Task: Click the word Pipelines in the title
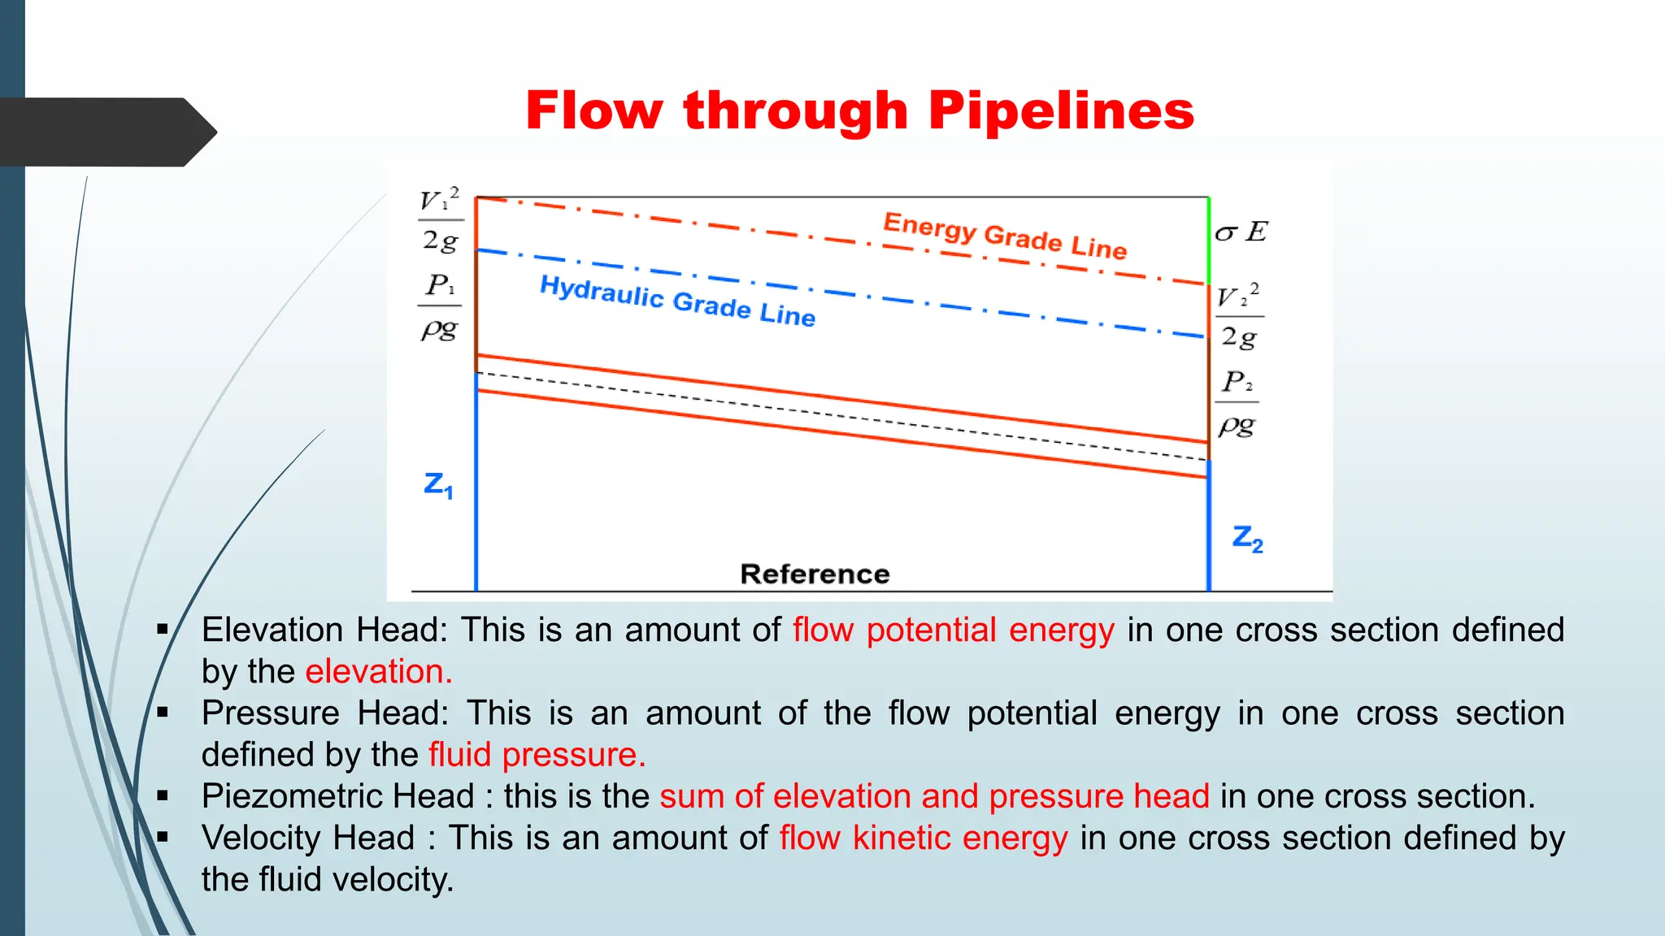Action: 1061,110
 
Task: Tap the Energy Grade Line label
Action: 1005,235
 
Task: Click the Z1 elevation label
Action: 438,484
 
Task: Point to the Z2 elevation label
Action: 1247,539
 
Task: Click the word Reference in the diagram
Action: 815,574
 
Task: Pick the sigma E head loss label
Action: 1241,232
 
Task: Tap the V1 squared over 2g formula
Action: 440,220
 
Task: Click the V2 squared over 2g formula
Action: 1239,316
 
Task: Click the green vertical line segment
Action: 1209,240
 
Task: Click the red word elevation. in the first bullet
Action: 379,672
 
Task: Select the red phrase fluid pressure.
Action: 537,755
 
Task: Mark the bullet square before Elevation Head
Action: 163,629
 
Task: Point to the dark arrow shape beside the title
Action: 106,132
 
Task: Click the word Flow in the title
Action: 593,110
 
